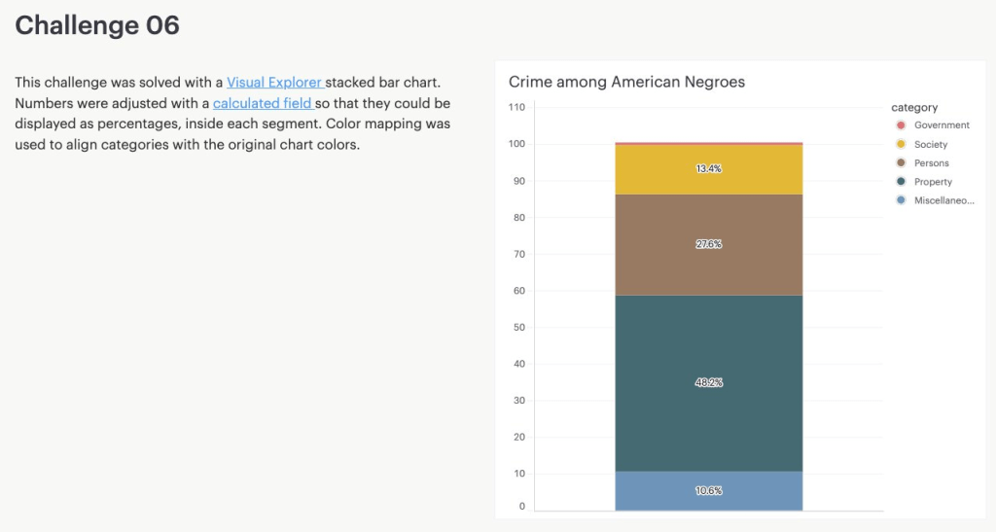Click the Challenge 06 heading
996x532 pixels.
pyautogui.click(x=97, y=25)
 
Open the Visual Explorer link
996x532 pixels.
pyautogui.click(x=275, y=83)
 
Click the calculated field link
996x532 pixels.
pyautogui.click(x=263, y=103)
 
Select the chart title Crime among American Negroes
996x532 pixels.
pyautogui.click(x=626, y=83)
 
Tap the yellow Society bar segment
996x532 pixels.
pyautogui.click(x=708, y=181)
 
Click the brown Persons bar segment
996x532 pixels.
pyautogui.click(x=708, y=263)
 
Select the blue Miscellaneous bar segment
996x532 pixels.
pyautogui.click(x=708, y=498)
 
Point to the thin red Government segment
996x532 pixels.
pyautogui.click(x=708, y=143)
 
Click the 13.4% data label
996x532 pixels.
pyautogui.click(x=708, y=169)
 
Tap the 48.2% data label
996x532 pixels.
pyautogui.click(x=708, y=383)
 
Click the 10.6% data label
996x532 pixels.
pyautogui.click(x=708, y=491)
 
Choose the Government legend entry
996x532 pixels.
pyautogui.click(x=941, y=125)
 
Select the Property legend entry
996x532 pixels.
pyautogui.click(x=933, y=182)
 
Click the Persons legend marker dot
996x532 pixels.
pyautogui.click(x=901, y=163)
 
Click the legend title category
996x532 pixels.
pyautogui.click(x=914, y=107)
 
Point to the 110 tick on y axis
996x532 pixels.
pyautogui.click(x=516, y=107)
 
